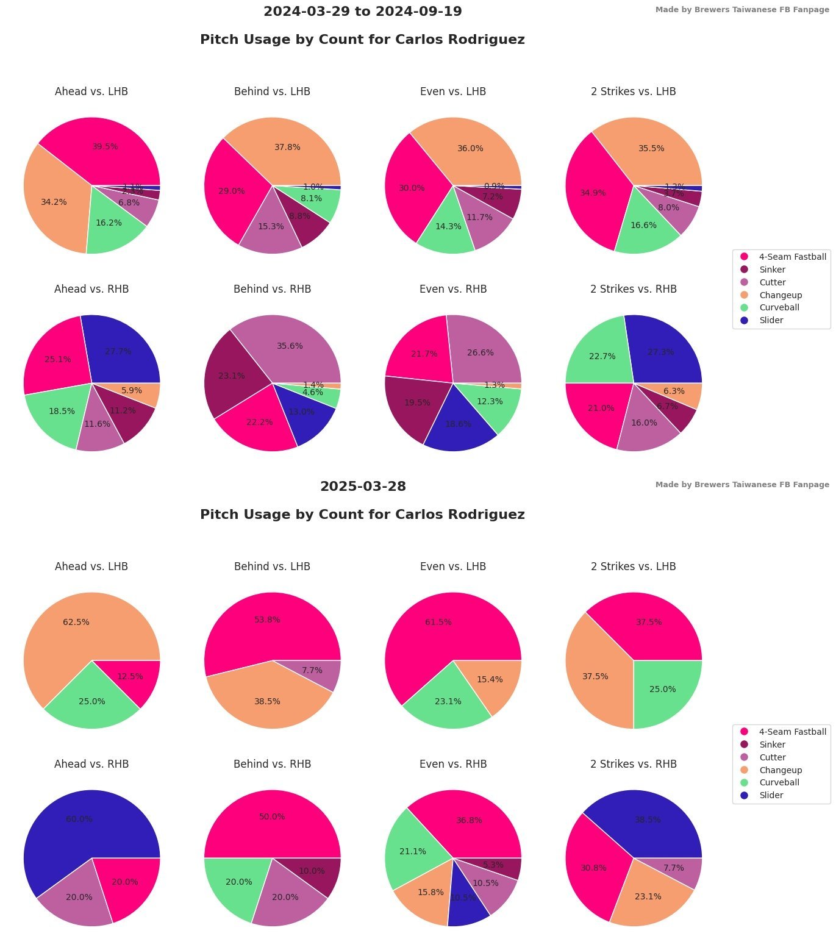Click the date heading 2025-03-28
[x=363, y=487]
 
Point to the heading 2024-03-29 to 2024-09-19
[x=363, y=12]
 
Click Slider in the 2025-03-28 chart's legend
[x=771, y=795]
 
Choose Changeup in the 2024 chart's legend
[x=781, y=295]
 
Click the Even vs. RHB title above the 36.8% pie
[x=453, y=764]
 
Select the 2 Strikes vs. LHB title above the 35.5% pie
[x=633, y=91]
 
